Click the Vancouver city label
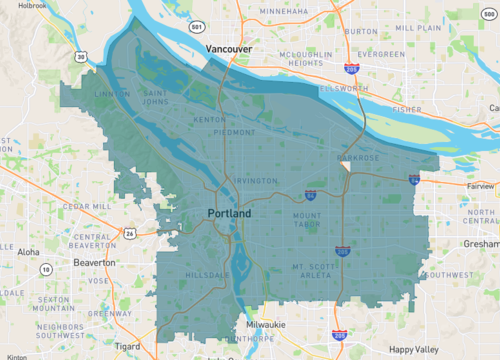(229, 48)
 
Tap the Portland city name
(229, 214)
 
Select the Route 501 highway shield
(198, 26)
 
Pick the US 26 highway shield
(129, 233)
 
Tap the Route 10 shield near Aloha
(46, 269)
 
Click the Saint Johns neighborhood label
(160, 96)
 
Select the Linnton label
(111, 94)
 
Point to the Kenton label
(209, 119)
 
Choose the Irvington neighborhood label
(256, 180)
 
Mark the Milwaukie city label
(266, 325)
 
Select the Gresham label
(480, 243)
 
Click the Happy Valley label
(414, 347)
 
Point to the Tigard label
(127, 346)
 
